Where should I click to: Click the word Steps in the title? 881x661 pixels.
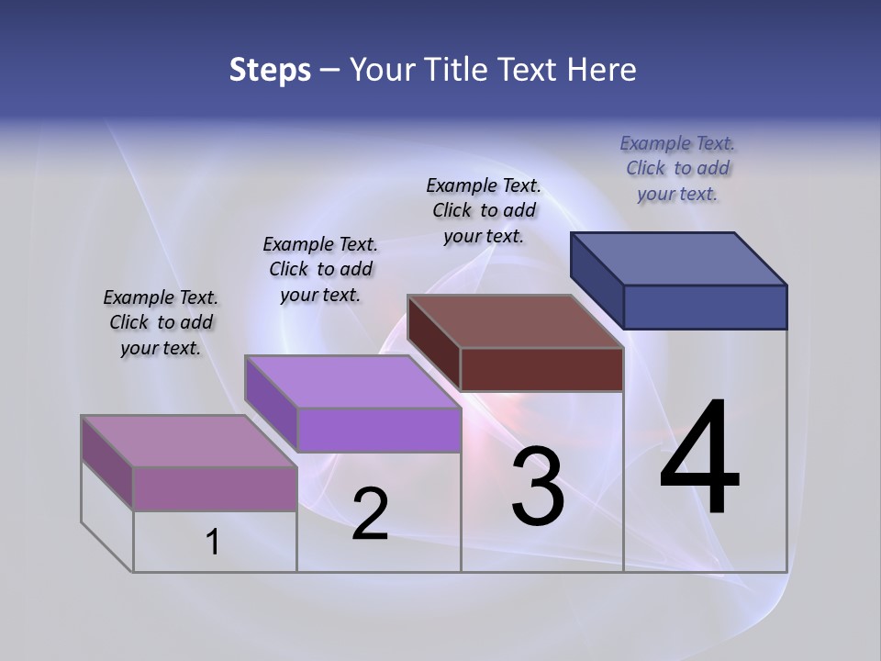[x=270, y=70]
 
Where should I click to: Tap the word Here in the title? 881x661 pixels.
[x=602, y=70]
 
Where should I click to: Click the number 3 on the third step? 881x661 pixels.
[x=538, y=487]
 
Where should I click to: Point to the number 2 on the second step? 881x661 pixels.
[x=370, y=514]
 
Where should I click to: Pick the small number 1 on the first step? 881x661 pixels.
[x=213, y=543]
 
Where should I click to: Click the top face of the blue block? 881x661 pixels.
[x=679, y=259]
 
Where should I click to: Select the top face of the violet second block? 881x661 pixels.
[x=353, y=381]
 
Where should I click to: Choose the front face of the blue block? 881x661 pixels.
[x=705, y=307]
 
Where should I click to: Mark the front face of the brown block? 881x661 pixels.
[x=541, y=369]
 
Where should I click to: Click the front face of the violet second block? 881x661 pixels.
[x=379, y=430]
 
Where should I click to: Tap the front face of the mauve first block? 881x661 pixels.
[x=215, y=488]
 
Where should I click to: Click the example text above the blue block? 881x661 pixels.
[x=677, y=168]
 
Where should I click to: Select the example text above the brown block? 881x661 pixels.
[x=484, y=210]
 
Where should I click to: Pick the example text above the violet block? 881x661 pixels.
[x=320, y=269]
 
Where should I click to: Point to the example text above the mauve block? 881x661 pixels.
[x=161, y=322]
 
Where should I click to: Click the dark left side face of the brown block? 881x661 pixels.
[x=434, y=342]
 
